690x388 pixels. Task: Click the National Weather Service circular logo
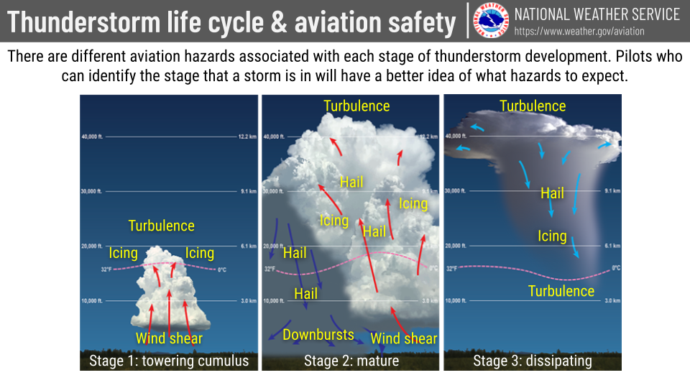click(492, 22)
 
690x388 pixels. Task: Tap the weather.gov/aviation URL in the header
click(579, 32)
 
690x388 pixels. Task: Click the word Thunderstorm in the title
click(78, 22)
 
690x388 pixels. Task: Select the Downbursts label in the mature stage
click(318, 335)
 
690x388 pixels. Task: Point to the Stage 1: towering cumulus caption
click(169, 361)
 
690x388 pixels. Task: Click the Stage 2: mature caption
click(351, 361)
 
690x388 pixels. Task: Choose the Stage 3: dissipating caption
click(533, 361)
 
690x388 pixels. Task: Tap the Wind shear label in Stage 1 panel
click(169, 338)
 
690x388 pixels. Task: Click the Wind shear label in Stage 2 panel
click(403, 338)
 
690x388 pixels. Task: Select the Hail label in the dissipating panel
click(552, 193)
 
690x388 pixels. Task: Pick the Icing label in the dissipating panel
click(552, 236)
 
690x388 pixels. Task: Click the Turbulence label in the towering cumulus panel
click(161, 226)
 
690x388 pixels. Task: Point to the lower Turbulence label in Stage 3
click(561, 291)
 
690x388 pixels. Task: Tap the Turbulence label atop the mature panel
click(356, 106)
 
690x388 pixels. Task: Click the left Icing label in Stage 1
click(123, 253)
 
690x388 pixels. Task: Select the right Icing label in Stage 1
click(200, 253)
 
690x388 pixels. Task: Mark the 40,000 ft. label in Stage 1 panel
click(93, 137)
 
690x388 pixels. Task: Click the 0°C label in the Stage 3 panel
click(615, 268)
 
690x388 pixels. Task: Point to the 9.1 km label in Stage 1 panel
click(247, 191)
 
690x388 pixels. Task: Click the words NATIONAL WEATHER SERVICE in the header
click(597, 14)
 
